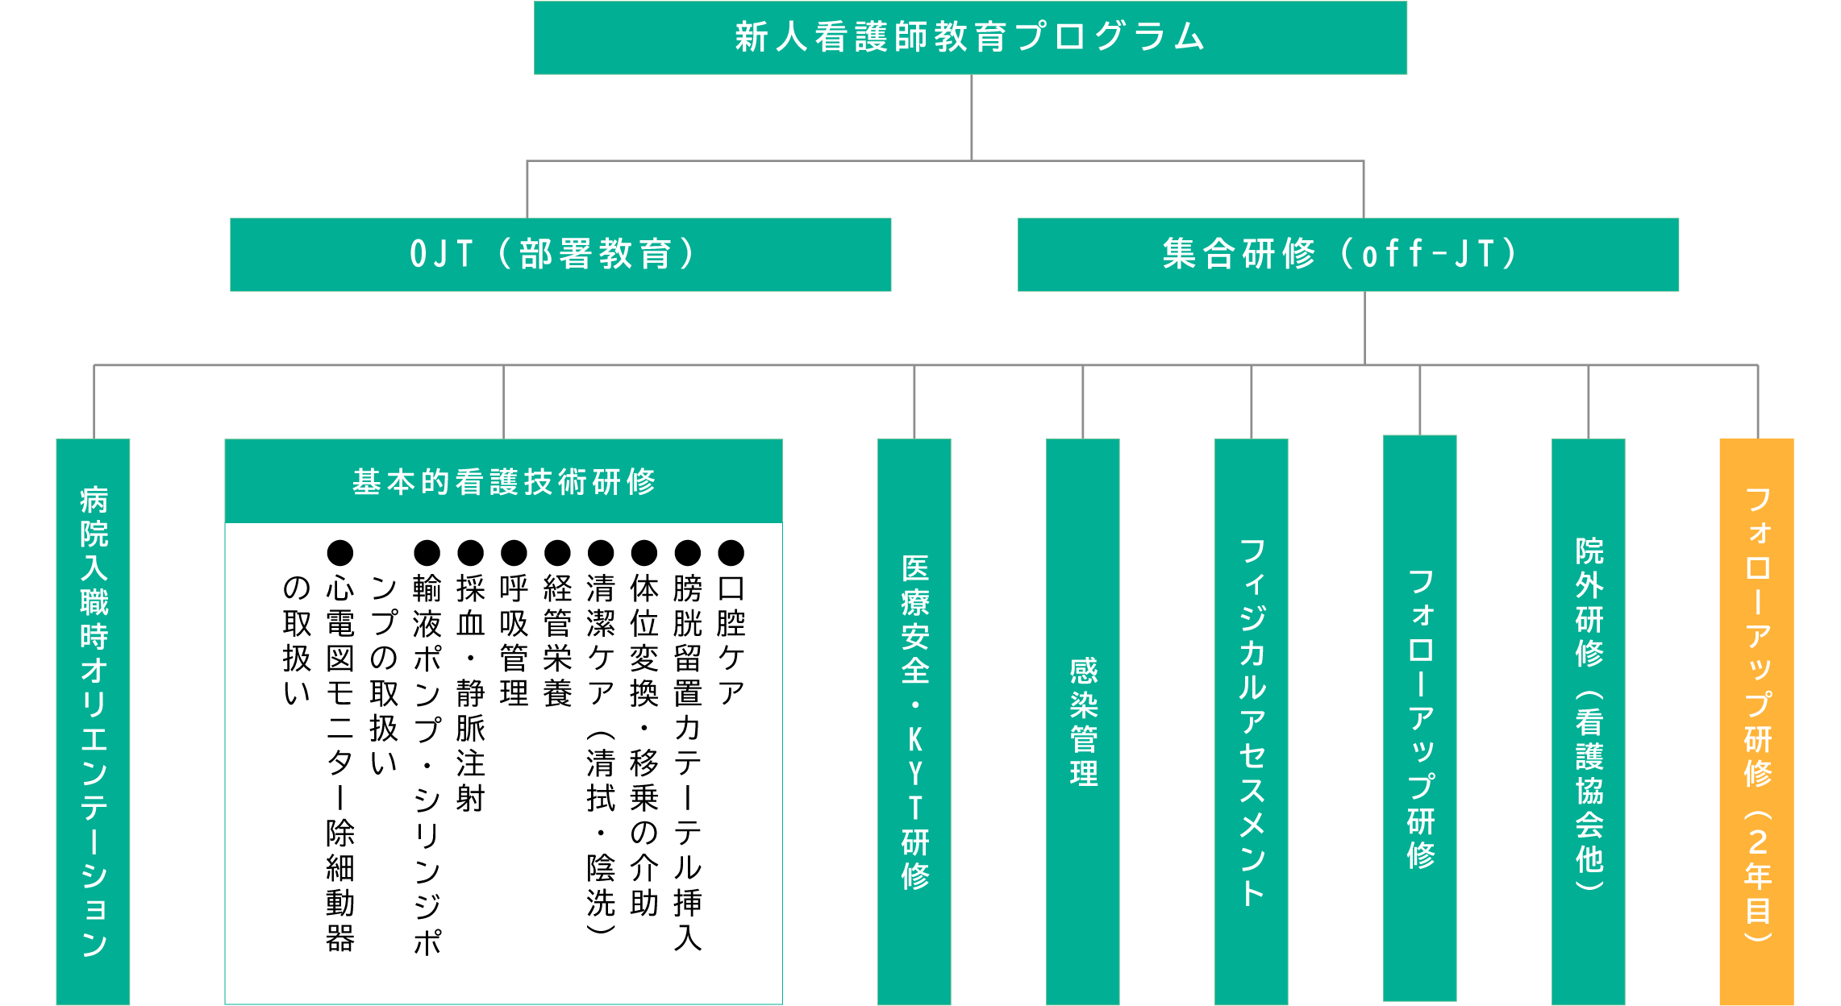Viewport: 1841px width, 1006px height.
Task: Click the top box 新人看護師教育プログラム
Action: pos(970,38)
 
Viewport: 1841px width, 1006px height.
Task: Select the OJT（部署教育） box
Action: pos(560,255)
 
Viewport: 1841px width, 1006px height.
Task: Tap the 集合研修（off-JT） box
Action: pos(1348,255)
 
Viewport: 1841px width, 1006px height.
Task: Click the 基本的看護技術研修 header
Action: pos(504,481)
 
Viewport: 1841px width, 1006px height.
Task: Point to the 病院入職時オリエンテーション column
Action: pos(94,721)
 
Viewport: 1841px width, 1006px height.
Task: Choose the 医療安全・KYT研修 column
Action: pos(914,721)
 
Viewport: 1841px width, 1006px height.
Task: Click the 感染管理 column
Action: pos(1083,721)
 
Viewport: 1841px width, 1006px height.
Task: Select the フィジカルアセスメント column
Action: pos(1252,721)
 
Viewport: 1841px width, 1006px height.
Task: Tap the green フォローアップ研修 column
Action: pos(1420,718)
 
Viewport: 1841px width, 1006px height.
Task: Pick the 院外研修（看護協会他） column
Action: pos(1589,721)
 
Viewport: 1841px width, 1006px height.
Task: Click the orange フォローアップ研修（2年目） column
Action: pos(1757,721)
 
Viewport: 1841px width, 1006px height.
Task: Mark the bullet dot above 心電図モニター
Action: pos(340,553)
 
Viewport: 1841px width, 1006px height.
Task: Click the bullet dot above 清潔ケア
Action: pos(601,553)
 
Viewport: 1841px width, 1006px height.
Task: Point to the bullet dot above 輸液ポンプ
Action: pos(427,553)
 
